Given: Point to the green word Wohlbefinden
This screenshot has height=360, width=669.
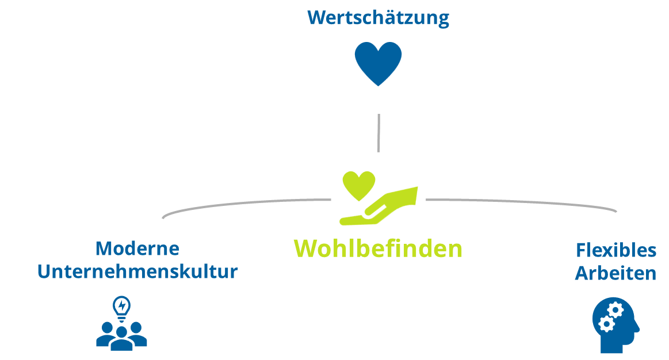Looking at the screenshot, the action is (378, 248).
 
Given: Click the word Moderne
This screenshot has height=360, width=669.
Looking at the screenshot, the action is (137, 248).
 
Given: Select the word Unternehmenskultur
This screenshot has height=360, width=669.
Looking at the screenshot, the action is (137, 271).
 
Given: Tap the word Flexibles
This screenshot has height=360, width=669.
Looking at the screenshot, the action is (616, 250).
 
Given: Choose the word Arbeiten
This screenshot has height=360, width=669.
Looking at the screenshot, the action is (616, 273).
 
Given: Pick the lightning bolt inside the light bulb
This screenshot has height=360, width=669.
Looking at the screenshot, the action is (122, 305).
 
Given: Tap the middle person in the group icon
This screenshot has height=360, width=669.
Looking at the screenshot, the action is (121, 339).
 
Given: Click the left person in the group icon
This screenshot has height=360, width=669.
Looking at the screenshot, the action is (106, 334).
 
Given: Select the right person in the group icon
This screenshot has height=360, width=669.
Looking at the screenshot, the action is (137, 334).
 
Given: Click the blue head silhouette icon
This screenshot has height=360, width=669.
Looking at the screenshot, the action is (616, 325).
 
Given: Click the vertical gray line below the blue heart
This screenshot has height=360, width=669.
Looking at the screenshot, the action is (379, 133).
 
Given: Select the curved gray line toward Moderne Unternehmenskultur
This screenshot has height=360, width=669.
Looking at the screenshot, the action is (246, 206).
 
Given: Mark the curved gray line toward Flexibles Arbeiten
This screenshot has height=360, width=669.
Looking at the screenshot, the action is (521, 204).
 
